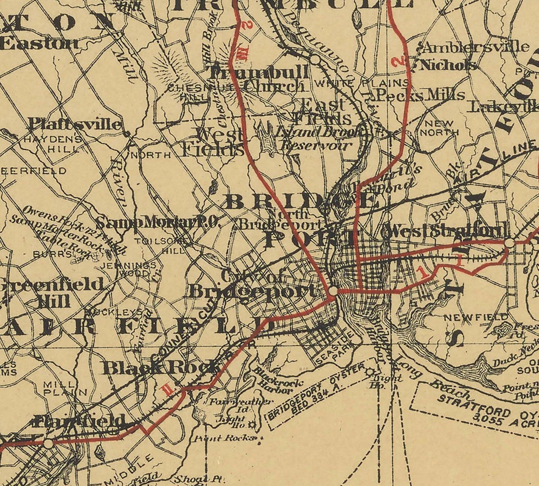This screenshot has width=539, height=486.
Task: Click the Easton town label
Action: tap(40, 43)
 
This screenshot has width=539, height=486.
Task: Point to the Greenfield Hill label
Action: tap(50, 292)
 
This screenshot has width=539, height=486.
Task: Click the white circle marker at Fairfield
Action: tap(48, 444)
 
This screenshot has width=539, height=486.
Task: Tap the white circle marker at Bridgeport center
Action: tap(333, 291)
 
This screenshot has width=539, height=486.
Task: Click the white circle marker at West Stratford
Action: tap(509, 244)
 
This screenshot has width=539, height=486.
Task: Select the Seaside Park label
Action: tap(335, 347)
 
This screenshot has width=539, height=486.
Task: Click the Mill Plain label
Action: tap(65, 388)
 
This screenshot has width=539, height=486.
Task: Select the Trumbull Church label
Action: tap(258, 79)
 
